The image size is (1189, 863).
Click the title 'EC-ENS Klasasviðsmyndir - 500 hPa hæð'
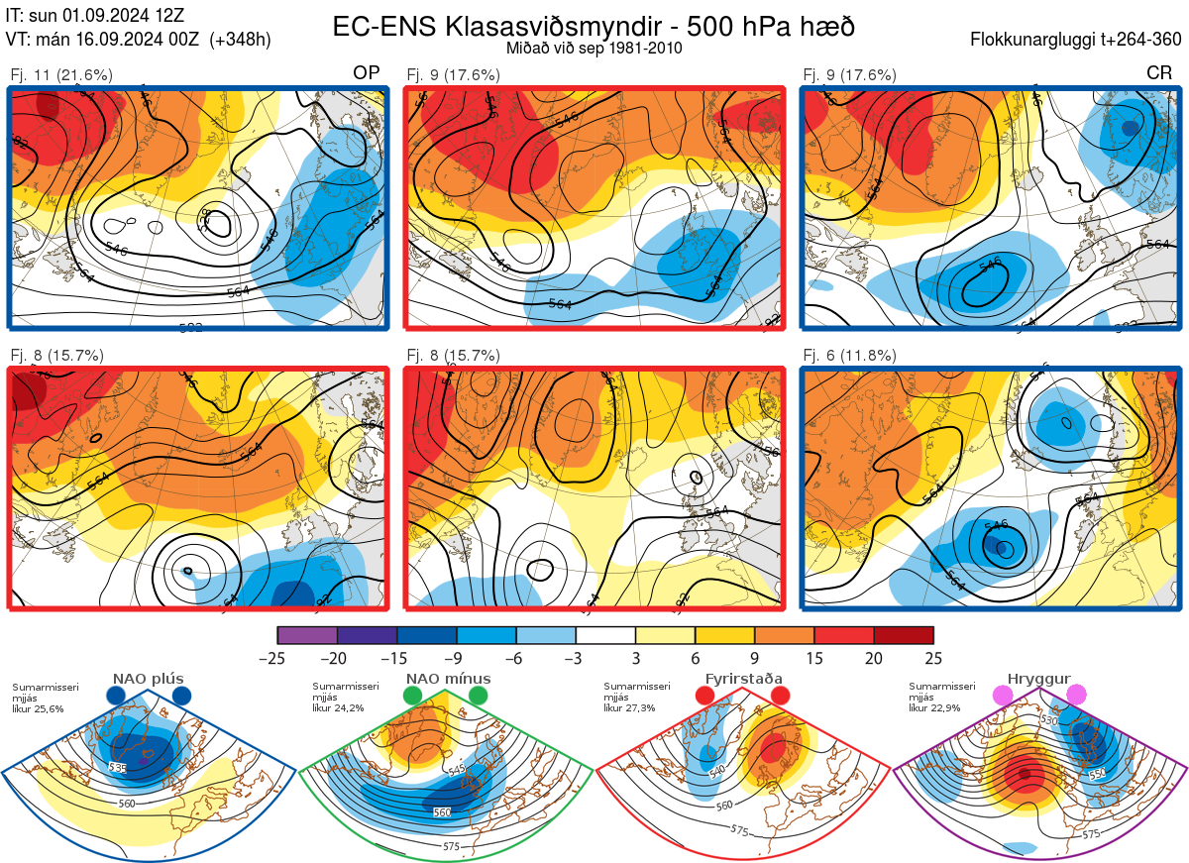click(594, 27)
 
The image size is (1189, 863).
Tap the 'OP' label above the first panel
click(367, 73)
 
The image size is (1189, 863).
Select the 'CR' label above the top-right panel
click(1158, 73)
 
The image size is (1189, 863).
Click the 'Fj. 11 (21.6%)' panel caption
click(61, 74)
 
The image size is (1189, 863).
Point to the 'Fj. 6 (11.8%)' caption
click(849, 356)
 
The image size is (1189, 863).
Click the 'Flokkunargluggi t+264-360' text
click(1078, 40)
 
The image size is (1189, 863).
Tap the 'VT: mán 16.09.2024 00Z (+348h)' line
click(138, 40)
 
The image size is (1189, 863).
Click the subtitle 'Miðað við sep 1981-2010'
click(594, 48)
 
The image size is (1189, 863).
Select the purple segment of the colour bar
click(307, 635)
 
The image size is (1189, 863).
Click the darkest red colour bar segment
click(904, 635)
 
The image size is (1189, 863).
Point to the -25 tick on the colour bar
click(277, 658)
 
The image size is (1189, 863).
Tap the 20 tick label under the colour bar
click(874, 658)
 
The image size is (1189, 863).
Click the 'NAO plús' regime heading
click(147, 679)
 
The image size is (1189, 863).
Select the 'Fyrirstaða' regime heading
click(742, 679)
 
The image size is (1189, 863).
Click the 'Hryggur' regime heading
click(1038, 679)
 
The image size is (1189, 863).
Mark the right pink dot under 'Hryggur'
click(1075, 696)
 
